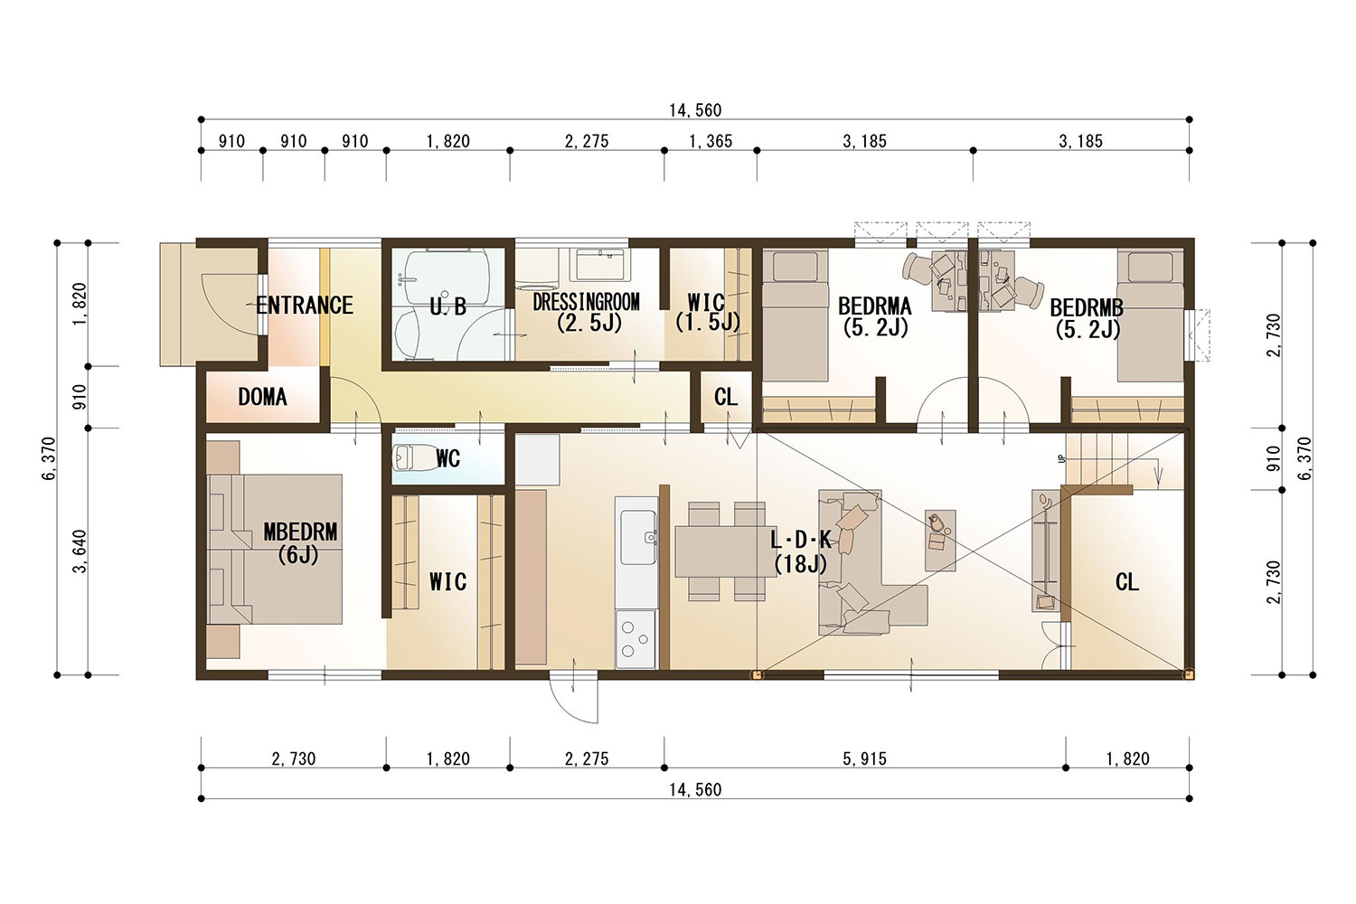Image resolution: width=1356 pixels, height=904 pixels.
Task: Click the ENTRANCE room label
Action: point(305,306)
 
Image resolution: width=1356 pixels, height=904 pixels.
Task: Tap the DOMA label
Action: point(262,397)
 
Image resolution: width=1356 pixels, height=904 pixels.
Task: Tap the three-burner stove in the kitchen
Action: point(636,639)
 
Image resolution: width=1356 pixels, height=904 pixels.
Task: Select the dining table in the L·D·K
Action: point(725,551)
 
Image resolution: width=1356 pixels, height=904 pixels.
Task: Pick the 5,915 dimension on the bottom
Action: point(864,758)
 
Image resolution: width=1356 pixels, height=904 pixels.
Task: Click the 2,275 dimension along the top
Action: point(587,141)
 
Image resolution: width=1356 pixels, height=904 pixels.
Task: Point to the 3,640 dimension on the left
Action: point(80,551)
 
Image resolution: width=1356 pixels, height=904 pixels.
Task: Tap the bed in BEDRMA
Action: point(795,315)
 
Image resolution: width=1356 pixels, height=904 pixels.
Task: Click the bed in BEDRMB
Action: point(1150,315)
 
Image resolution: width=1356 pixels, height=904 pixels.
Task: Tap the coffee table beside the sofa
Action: point(940,540)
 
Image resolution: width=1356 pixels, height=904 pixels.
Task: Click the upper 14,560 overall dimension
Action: point(695,110)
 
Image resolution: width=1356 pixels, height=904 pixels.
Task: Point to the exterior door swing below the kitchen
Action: point(573,700)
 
